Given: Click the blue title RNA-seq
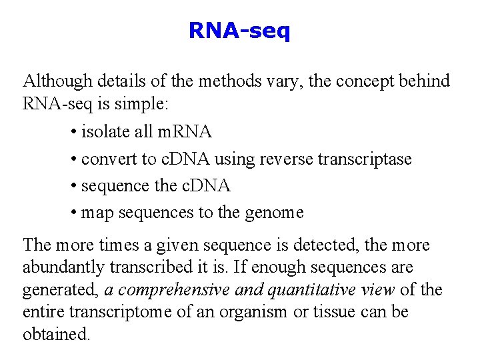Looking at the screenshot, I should (x=239, y=31).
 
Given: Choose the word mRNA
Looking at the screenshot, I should (x=185, y=132).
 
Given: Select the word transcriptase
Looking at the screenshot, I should (x=364, y=159).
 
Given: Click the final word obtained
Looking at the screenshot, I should (x=56, y=334).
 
